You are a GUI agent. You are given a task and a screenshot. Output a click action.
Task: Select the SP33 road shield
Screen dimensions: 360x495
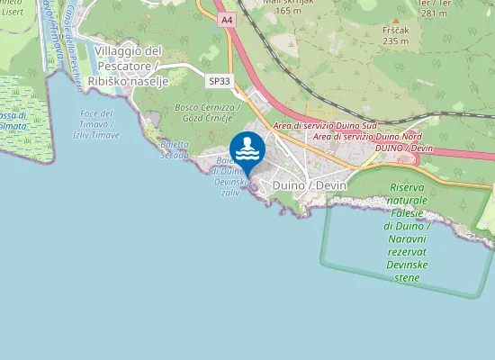coord(219,81)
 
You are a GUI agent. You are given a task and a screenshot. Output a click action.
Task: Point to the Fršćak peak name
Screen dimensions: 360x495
coord(395,30)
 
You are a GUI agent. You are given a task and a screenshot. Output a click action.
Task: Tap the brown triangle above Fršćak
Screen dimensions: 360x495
coord(394,19)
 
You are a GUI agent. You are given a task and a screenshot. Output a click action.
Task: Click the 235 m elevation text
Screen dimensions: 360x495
coord(395,40)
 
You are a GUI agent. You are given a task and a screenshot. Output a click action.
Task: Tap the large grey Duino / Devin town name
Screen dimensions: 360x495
coord(309,184)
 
